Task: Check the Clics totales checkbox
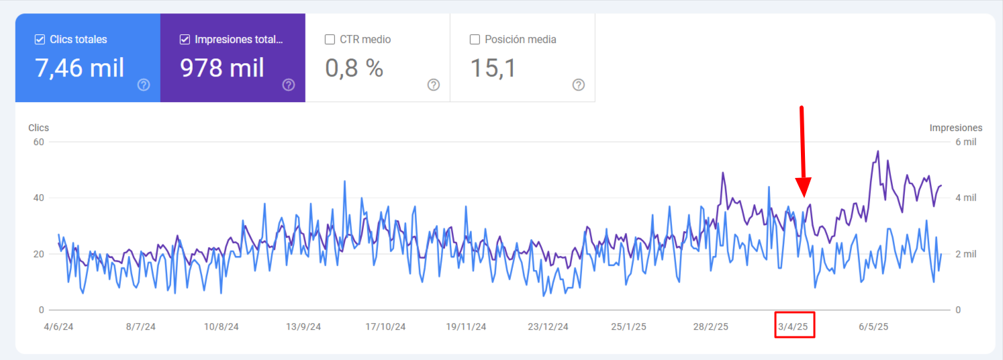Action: click(x=40, y=40)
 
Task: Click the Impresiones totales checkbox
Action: click(x=185, y=40)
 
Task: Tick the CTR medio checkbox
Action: click(x=330, y=40)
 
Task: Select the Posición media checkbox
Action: click(x=475, y=40)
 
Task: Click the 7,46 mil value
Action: click(x=80, y=68)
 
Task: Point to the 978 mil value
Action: click(x=222, y=68)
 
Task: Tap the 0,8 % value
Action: click(x=354, y=68)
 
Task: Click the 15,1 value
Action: click(x=493, y=68)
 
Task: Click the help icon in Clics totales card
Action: click(x=143, y=85)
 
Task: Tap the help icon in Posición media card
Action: click(x=578, y=85)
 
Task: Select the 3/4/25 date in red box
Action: click(x=795, y=327)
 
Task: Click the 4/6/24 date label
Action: click(x=59, y=327)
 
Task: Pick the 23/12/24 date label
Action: click(x=548, y=327)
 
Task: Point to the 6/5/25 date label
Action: click(x=873, y=327)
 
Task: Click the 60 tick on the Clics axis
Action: click(x=38, y=142)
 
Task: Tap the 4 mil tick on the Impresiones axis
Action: click(x=965, y=198)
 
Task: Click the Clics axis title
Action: click(x=38, y=128)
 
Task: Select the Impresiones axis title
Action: click(x=955, y=128)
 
